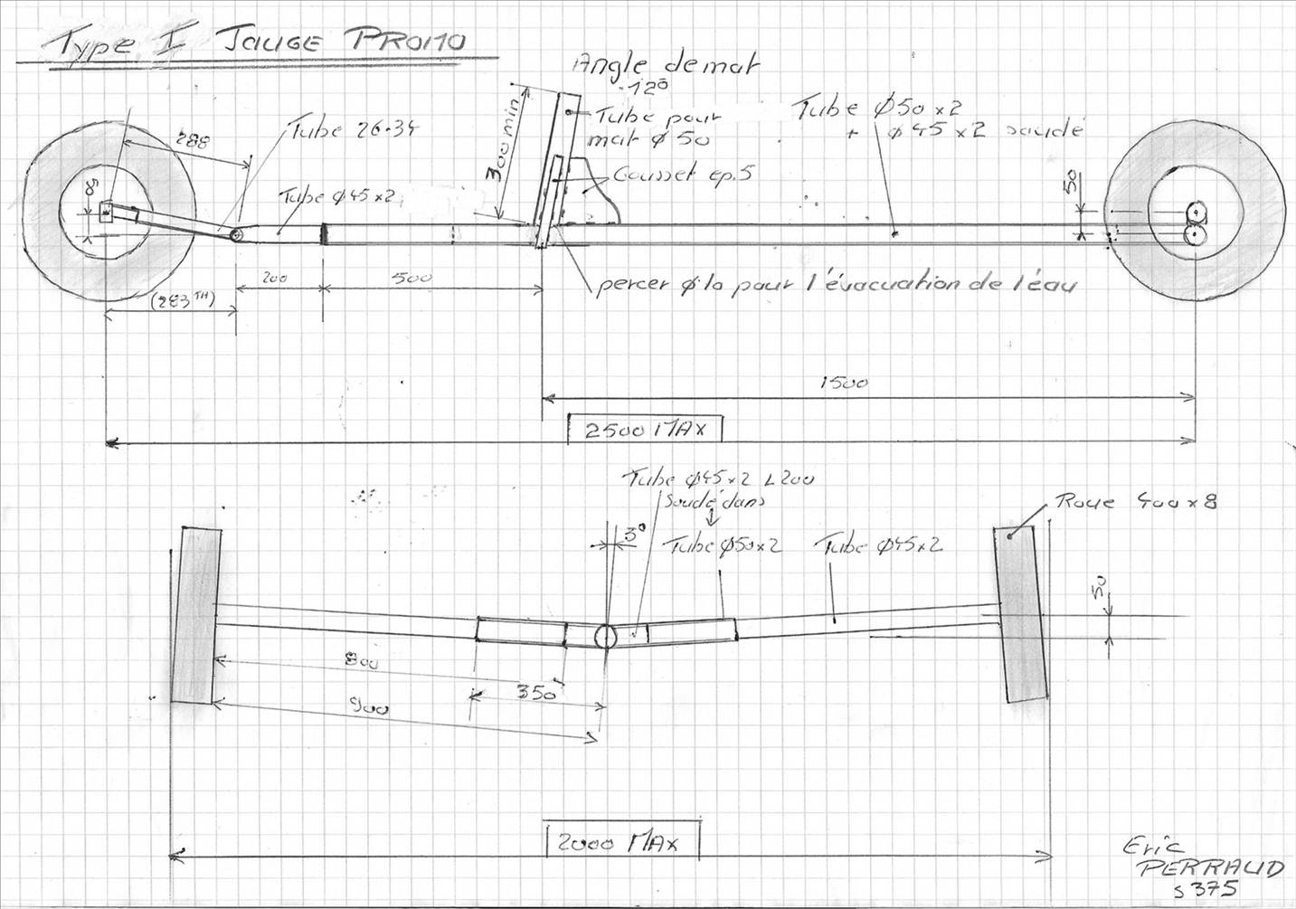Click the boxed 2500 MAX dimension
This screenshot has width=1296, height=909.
coord(644,429)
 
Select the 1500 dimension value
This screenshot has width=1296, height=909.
coord(843,383)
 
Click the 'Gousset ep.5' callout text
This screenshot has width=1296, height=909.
coord(682,175)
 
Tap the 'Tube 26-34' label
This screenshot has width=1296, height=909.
coord(354,130)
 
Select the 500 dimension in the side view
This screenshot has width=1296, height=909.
coord(412,279)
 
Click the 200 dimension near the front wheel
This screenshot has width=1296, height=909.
coord(274,279)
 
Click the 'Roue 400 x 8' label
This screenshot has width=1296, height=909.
coord(1135,501)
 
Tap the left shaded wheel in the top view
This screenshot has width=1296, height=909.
coord(194,614)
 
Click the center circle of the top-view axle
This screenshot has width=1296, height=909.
coord(605,636)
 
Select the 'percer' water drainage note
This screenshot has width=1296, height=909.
coord(836,284)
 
